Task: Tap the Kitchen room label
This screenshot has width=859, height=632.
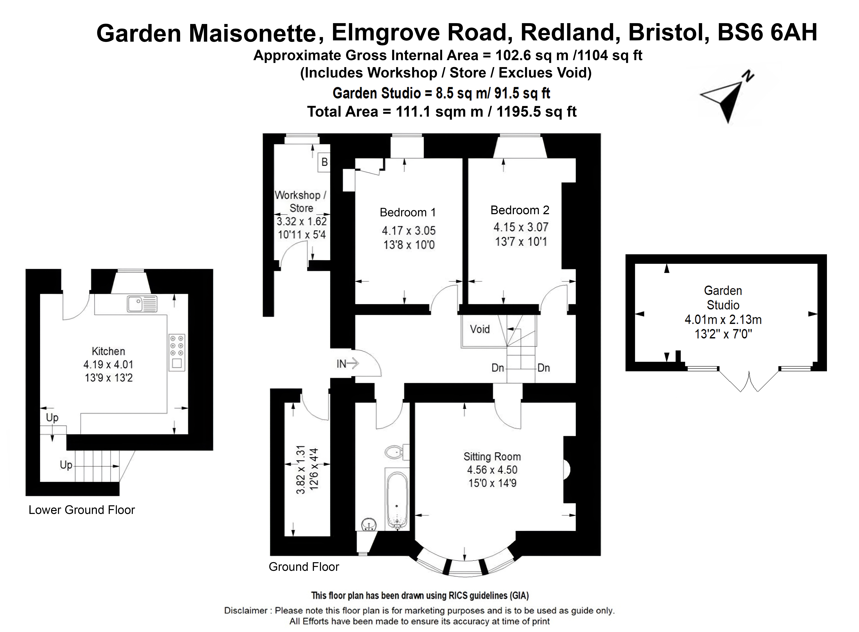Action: pos(108,351)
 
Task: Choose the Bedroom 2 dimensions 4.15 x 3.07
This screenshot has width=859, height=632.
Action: pos(521,227)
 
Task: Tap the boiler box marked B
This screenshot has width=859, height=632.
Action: pos(324,162)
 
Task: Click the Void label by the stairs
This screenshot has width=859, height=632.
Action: pos(480,329)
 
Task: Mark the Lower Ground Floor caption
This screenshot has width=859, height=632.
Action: pos(81,510)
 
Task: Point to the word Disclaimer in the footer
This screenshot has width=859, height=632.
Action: pos(246,611)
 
